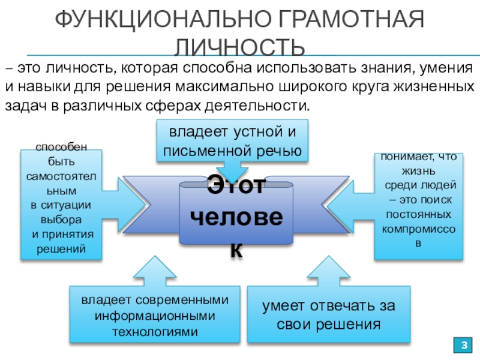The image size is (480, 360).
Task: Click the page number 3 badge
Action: (x=463, y=346)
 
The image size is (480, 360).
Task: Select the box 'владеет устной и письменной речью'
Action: (x=232, y=140)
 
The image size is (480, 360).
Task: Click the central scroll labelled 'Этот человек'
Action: (x=236, y=213)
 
